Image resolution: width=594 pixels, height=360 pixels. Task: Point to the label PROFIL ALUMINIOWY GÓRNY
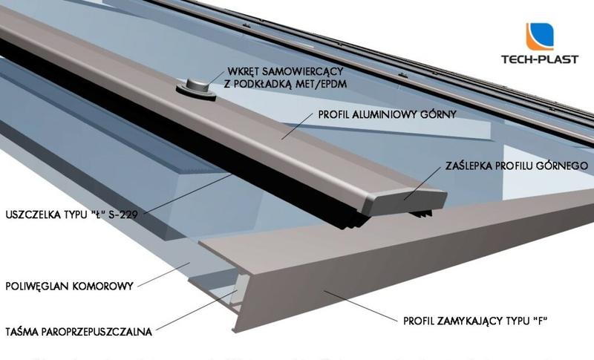coord(386,115)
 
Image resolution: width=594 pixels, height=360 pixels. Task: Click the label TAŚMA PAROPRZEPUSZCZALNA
coord(78,331)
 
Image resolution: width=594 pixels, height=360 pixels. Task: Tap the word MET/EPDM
coord(321,84)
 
